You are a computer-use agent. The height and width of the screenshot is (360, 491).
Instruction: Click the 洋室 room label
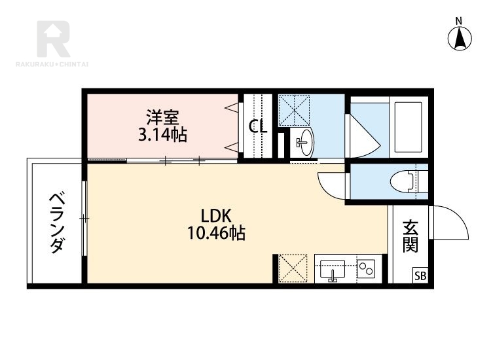(163, 117)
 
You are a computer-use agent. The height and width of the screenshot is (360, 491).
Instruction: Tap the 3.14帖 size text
(163, 135)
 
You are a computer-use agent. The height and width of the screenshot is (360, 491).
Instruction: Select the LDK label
(216, 216)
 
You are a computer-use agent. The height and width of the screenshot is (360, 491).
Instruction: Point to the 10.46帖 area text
(216, 233)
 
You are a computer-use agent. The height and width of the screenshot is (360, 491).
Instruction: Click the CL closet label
(258, 127)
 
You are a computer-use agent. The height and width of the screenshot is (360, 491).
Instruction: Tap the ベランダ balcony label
(57, 223)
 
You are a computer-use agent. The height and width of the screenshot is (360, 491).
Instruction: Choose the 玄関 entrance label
(410, 236)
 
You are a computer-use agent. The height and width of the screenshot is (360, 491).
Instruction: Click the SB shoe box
(420, 276)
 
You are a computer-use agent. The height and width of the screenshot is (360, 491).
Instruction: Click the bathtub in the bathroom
(409, 126)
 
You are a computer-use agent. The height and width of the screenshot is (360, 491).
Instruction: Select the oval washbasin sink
(304, 143)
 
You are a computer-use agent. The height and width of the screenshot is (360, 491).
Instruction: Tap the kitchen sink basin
(332, 269)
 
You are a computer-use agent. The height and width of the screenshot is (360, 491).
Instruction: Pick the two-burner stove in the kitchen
(367, 268)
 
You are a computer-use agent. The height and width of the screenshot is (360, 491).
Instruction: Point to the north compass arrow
(460, 39)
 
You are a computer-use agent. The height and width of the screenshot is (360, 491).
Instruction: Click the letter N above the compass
(459, 22)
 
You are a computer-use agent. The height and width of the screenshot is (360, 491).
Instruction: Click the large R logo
(53, 39)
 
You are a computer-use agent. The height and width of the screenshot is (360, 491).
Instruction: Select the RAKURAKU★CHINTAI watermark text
(52, 65)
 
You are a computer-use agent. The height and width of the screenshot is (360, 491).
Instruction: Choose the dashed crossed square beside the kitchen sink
(293, 268)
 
